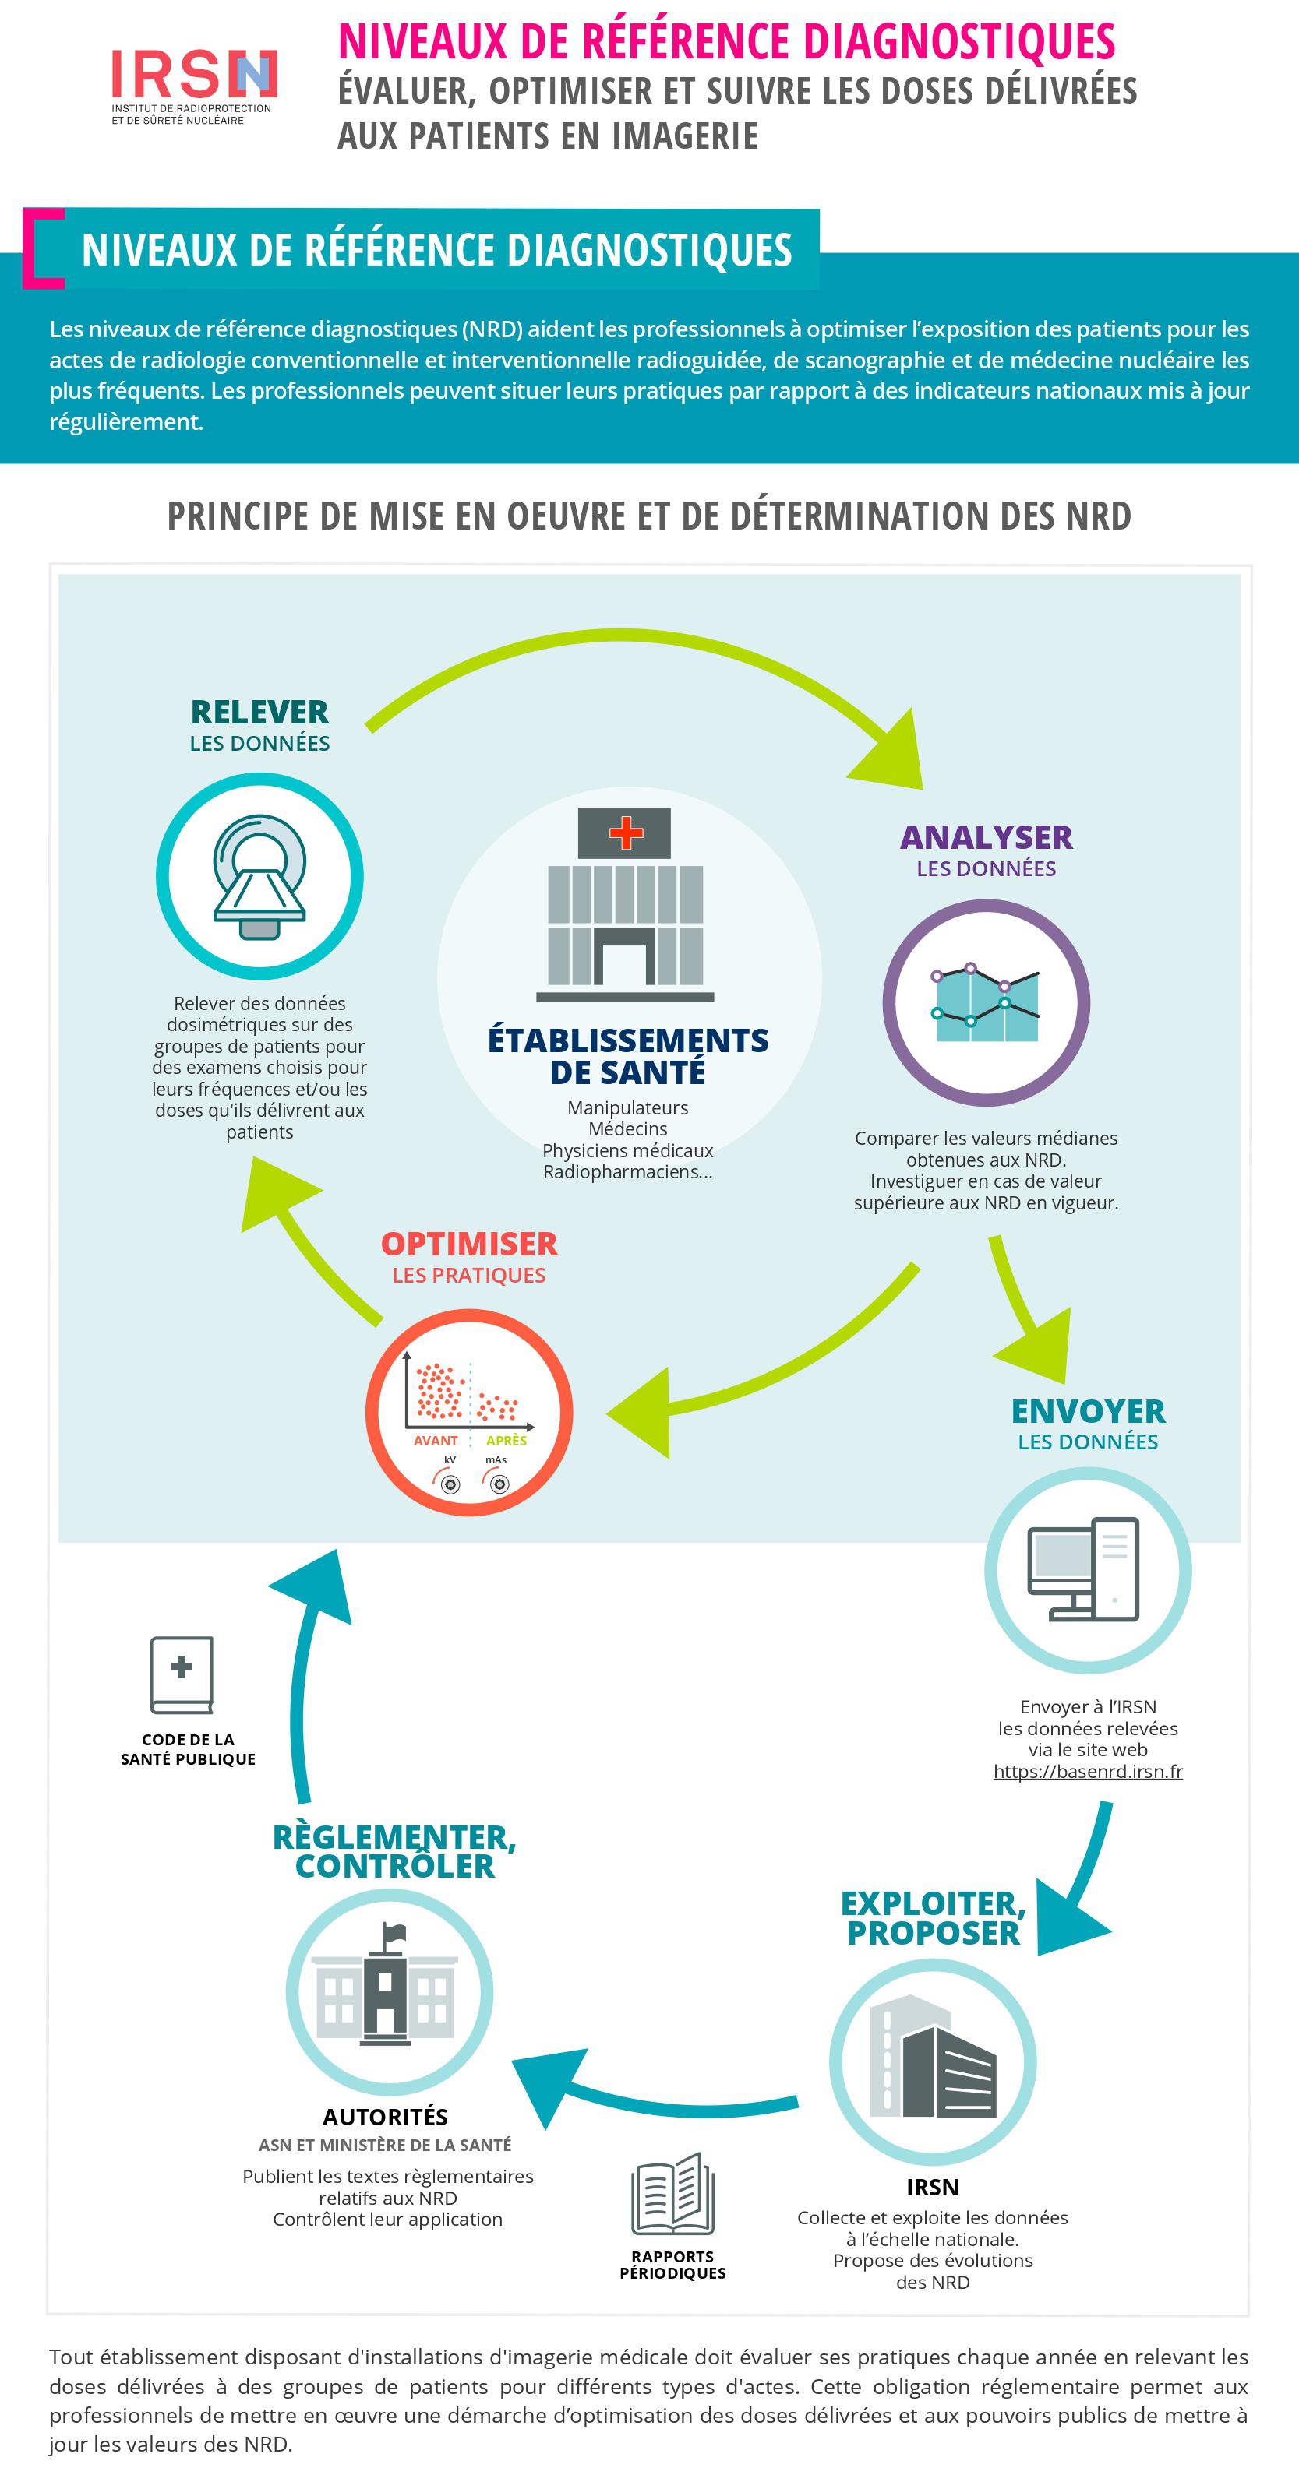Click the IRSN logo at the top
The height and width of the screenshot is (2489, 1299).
pos(193,85)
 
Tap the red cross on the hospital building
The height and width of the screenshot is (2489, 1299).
pos(625,832)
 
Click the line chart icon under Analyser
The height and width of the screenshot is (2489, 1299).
pos(986,1003)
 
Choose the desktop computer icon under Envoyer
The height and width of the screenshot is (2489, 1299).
pos(1087,1570)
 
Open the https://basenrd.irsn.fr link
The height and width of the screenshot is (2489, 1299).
pos(1087,1771)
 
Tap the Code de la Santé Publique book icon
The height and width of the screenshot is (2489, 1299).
pos(182,1674)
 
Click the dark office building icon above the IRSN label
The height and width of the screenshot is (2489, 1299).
pos(933,2063)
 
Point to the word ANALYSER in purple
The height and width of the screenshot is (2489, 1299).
pos(986,836)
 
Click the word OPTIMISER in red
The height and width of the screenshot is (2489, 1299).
pos(469,1244)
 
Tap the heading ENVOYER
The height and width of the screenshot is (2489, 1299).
pos(1087,1410)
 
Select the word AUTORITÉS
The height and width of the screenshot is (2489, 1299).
pos(385,2117)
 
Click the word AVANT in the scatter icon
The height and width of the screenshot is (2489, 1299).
pos(435,1441)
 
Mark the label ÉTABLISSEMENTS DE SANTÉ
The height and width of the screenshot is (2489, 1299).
pos(628,1055)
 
